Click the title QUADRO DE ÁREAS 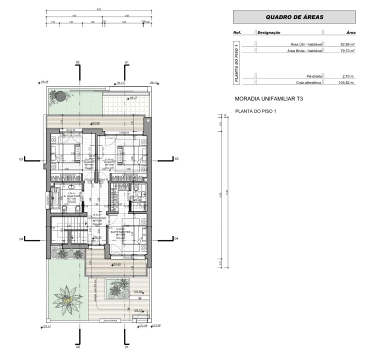(x=294, y=17)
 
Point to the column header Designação (x=269, y=32)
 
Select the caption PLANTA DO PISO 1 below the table (x=255, y=110)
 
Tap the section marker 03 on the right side (x=175, y=158)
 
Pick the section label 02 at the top (x=77, y=62)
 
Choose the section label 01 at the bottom (x=126, y=346)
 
